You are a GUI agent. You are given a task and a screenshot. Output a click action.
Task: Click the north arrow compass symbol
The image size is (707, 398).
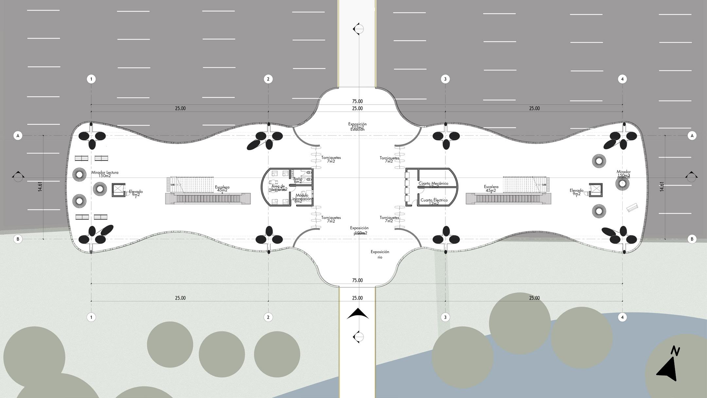coord(667,368)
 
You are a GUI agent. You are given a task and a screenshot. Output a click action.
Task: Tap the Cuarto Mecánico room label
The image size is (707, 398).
coord(433,184)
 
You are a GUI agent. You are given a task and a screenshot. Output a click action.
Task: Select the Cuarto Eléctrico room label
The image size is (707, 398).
coord(434,200)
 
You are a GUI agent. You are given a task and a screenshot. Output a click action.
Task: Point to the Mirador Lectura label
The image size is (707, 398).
coord(105,172)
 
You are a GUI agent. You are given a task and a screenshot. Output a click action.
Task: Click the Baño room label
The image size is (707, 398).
coord(298,179)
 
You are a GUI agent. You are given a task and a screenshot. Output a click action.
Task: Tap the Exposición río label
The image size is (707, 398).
coord(380,254)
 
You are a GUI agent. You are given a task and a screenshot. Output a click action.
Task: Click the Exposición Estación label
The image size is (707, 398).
coord(357,127)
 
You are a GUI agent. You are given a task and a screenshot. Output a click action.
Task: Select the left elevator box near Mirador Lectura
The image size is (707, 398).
coord(118,190)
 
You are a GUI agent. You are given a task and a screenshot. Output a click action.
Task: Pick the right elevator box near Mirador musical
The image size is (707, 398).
coord(596,190)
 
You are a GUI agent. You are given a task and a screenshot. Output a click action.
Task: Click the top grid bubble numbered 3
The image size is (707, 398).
coord(445,79)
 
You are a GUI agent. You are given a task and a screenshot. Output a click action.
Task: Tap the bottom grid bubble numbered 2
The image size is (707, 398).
coord(268,317)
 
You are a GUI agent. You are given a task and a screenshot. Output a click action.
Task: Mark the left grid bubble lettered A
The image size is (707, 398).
coord(18,136)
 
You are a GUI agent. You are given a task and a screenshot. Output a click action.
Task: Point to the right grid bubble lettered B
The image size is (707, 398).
coord(692,239)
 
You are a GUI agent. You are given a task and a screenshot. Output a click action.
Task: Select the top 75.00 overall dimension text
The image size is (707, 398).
coord(357,101)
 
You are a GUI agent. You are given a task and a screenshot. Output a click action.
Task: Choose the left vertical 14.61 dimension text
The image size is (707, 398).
coord(40,186)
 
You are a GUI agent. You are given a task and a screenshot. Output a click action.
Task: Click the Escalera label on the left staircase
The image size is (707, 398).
coord(222,188)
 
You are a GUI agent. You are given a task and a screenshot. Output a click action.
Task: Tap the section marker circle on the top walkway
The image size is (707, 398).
coord(359,29)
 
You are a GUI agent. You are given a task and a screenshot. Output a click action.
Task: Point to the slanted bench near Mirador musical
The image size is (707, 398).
coord(632,208)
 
